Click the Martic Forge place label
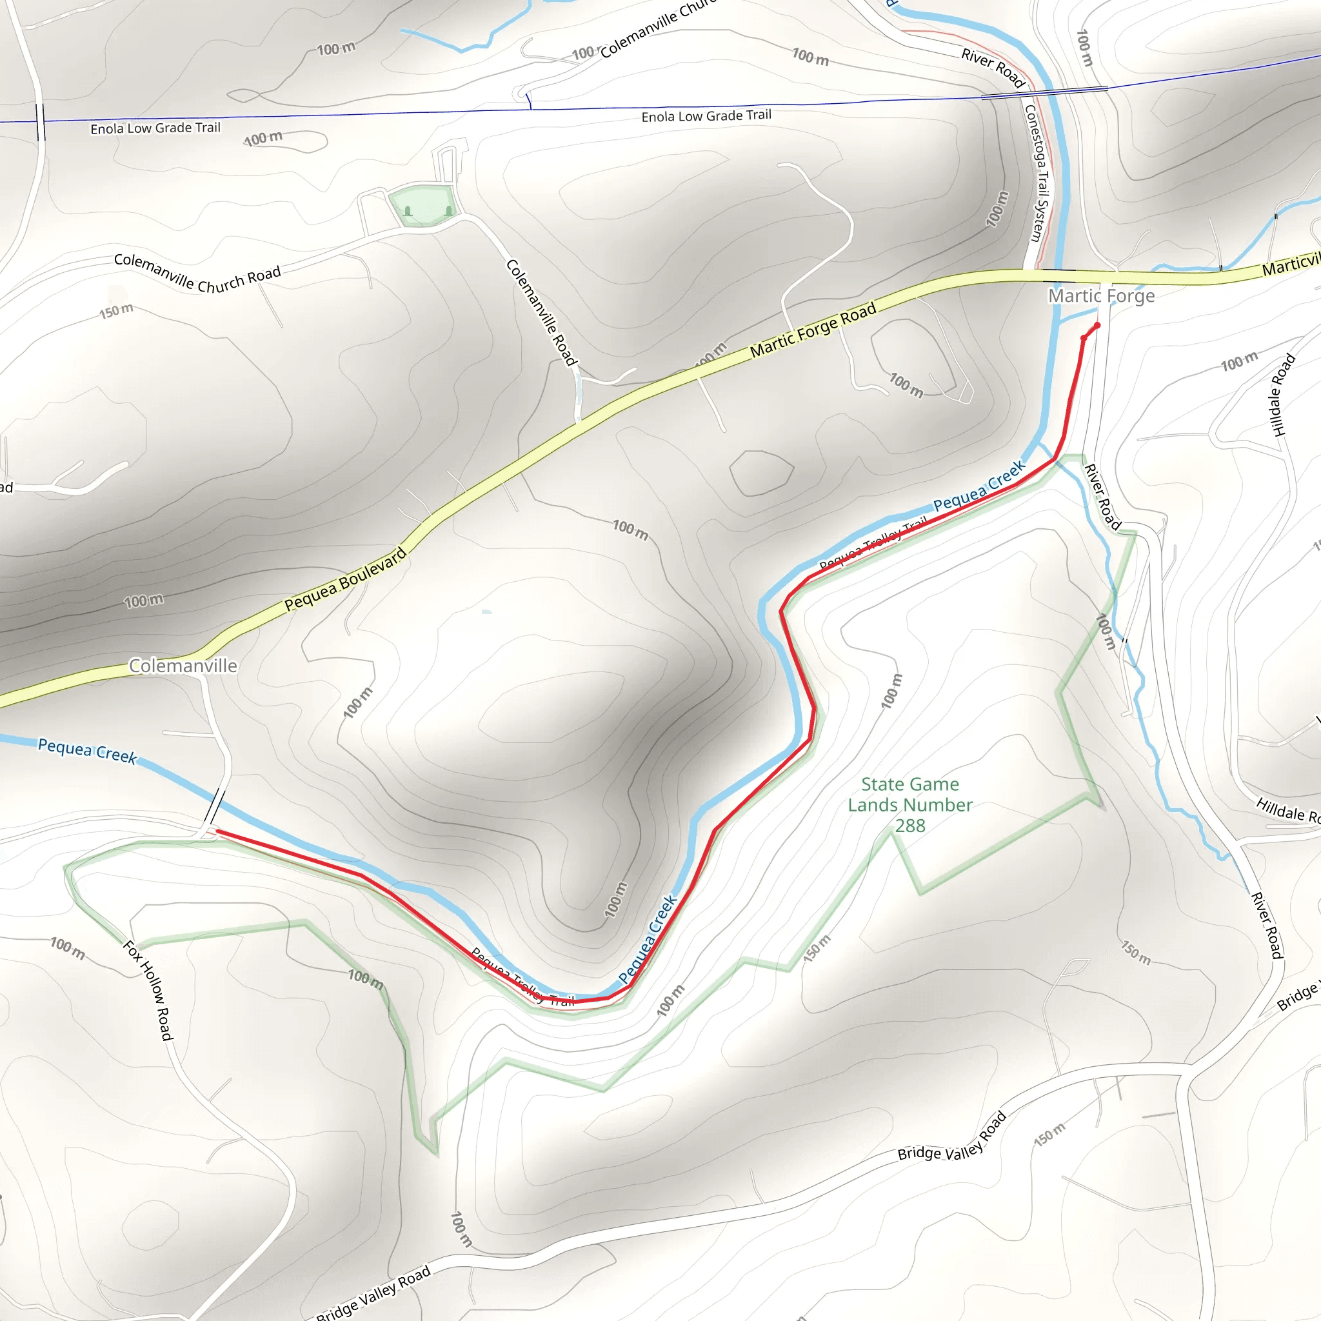click(1102, 295)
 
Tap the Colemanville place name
click(183, 665)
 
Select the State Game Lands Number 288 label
click(910, 805)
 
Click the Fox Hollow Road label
click(148, 991)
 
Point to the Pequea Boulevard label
click(345, 579)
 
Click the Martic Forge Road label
click(813, 331)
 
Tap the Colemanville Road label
click(542, 312)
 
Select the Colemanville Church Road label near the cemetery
click(197, 273)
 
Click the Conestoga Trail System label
click(1037, 172)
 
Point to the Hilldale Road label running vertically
click(1283, 395)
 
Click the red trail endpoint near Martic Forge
click(1097, 326)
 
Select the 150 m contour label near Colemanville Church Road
click(116, 310)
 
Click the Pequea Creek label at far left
click(87, 750)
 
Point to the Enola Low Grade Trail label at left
click(155, 128)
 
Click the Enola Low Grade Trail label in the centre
click(706, 116)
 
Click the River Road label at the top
click(993, 68)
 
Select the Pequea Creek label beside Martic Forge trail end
click(979, 486)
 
